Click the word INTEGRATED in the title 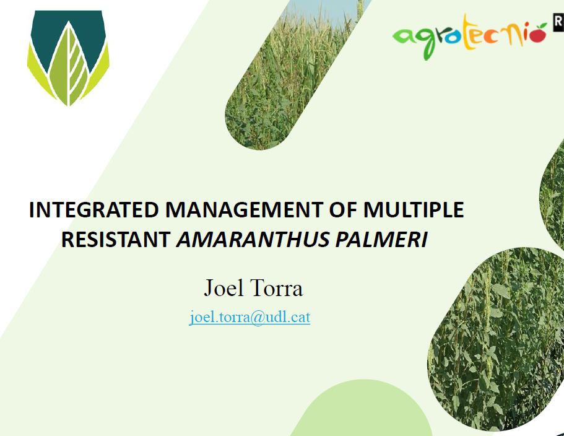[94, 210]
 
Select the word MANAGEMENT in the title [243, 210]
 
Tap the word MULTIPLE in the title [414, 210]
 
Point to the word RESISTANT [116, 240]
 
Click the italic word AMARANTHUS [253, 240]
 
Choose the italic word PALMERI [381, 240]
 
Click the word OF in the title [342, 210]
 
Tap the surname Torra [276, 288]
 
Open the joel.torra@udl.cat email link [249, 317]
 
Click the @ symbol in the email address [257, 318]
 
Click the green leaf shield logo [68, 58]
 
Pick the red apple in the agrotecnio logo [539, 35]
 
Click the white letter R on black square [558, 22]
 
